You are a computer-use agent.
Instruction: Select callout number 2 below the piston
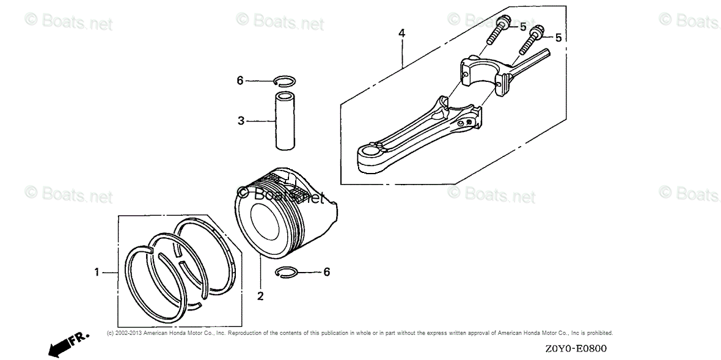(x=260, y=296)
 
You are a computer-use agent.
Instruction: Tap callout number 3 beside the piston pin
(x=241, y=121)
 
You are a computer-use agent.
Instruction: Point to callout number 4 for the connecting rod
(x=401, y=32)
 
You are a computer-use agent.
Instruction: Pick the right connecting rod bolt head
(x=537, y=30)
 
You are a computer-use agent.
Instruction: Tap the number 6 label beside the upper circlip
(x=240, y=80)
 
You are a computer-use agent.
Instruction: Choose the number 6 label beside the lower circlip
(x=327, y=272)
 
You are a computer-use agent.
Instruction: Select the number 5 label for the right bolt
(x=558, y=38)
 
